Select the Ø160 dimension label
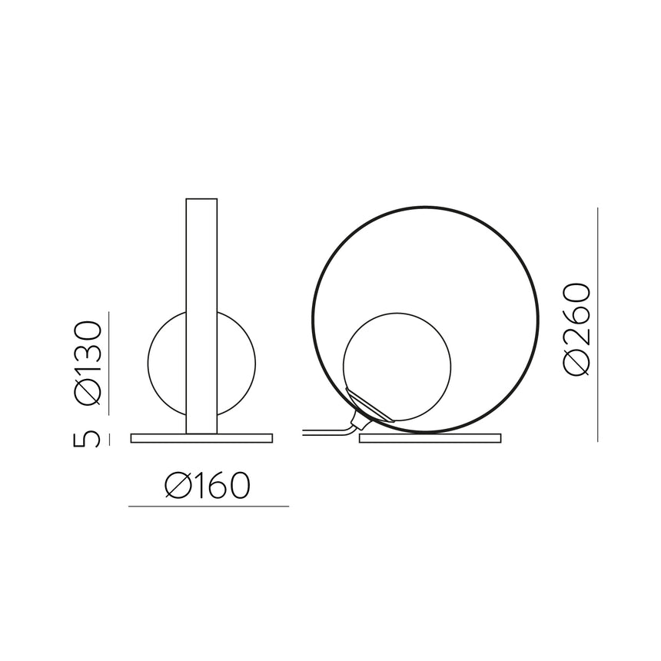click(x=208, y=486)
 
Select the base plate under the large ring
click(x=429, y=438)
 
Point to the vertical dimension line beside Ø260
click(x=597, y=323)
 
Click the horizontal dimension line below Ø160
click(x=208, y=507)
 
